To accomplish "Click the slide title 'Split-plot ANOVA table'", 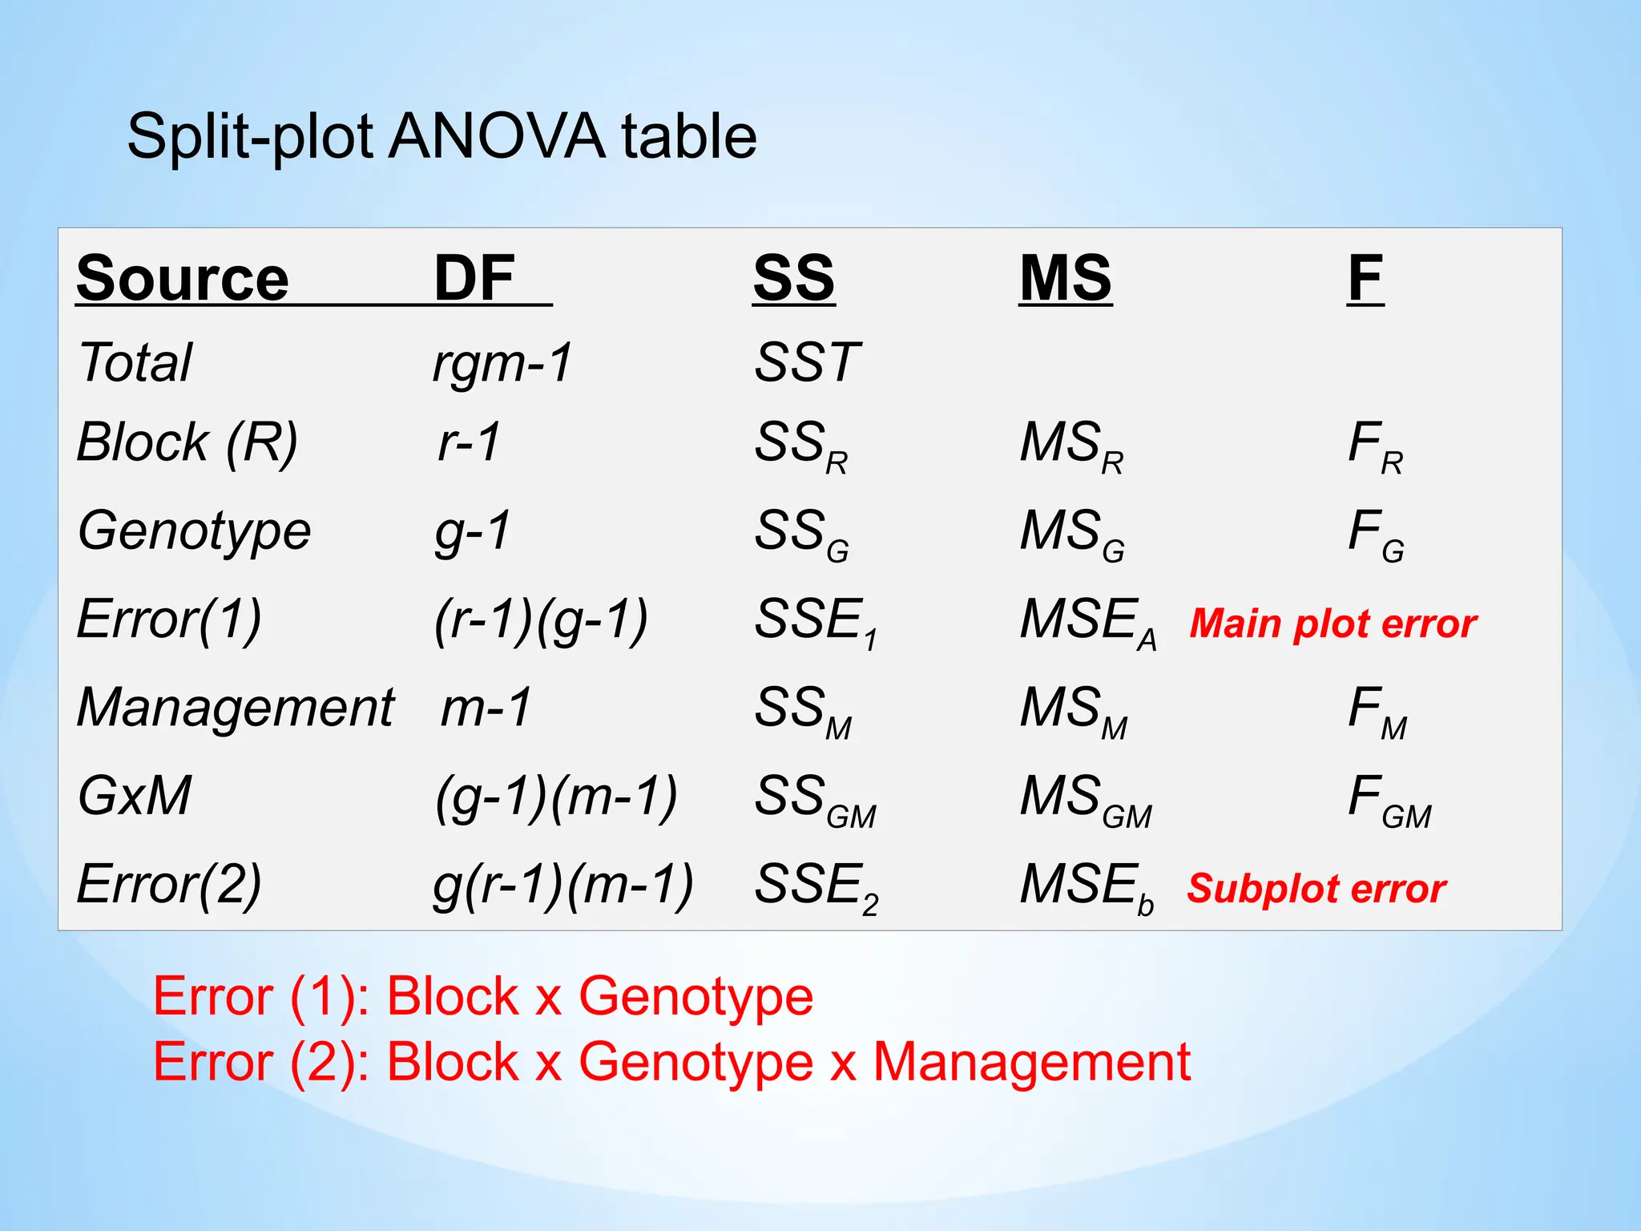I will point(441,136).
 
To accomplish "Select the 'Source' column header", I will point(183,278).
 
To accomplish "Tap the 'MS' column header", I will point(1065,278).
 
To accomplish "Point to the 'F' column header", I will point(1365,278).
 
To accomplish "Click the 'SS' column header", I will point(793,278).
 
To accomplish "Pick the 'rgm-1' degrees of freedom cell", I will point(502,362).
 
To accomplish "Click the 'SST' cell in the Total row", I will point(806,362).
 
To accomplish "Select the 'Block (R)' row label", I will point(187,442).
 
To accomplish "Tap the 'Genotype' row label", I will point(195,531).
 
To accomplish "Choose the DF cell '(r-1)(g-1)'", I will point(541,620).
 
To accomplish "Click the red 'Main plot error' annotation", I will point(1333,624).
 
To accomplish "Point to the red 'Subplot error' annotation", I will point(1316,888).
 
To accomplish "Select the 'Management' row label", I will point(236,708).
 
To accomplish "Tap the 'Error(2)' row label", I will point(169,884).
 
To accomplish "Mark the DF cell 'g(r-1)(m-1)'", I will point(562,886).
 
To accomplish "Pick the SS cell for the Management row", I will point(803,711).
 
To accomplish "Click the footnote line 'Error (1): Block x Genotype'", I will point(483,996).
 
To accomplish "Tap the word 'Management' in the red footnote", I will point(1031,1062).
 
